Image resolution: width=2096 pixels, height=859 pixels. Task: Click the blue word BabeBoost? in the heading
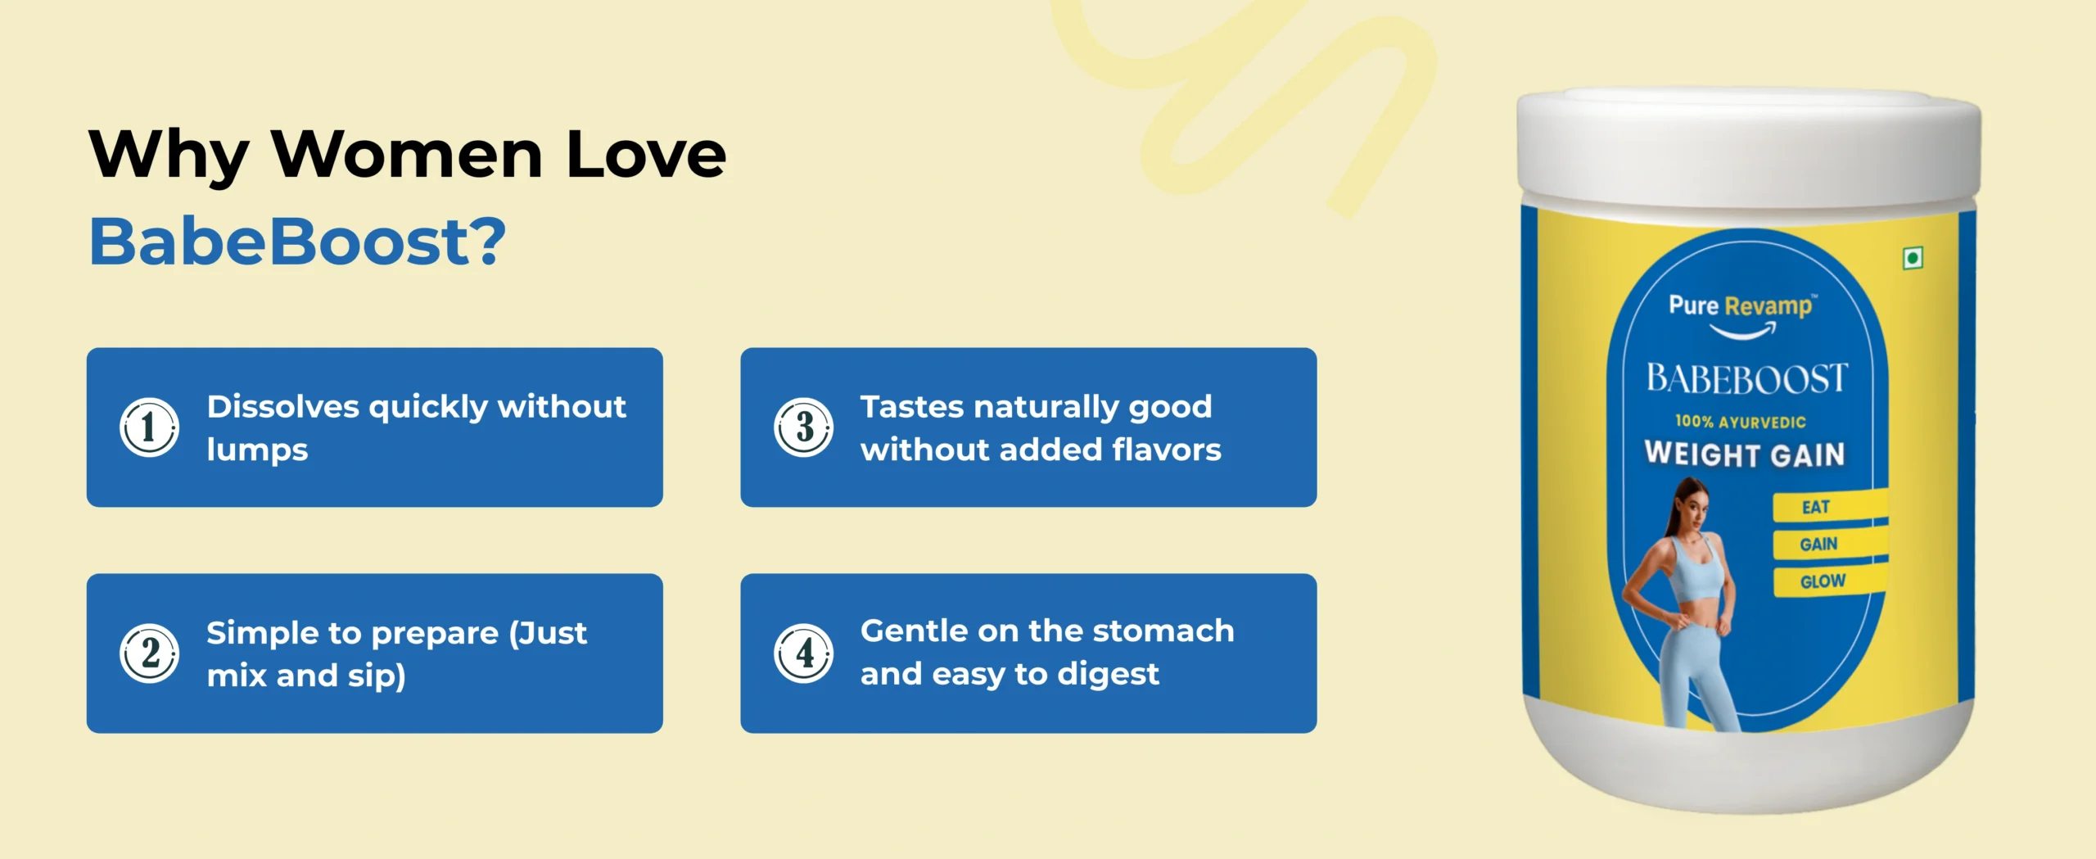point(298,242)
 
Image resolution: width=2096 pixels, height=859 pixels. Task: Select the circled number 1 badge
point(150,427)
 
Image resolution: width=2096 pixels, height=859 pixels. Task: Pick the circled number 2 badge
point(150,653)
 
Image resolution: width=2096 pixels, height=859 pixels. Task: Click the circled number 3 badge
point(804,427)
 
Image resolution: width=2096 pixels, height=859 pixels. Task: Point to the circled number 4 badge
point(804,653)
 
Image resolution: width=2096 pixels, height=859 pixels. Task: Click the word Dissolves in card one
point(282,407)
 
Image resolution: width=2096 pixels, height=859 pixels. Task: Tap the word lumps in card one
point(257,450)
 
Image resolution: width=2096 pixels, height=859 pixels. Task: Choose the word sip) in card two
point(377,676)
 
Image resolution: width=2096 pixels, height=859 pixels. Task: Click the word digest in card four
point(1109,675)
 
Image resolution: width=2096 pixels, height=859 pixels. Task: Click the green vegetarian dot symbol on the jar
point(1913,259)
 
